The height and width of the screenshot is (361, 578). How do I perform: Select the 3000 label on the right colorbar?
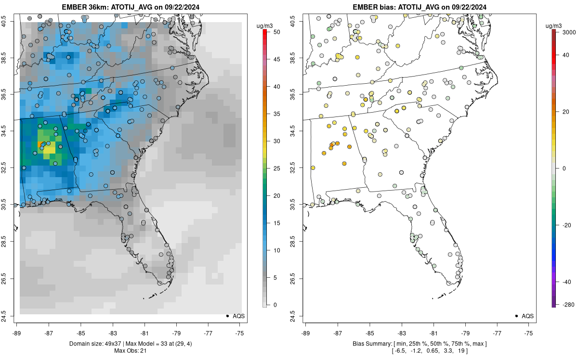tap(565, 32)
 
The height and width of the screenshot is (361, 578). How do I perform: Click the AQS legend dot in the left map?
tap(227, 316)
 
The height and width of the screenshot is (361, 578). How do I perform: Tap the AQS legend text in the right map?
tap(527, 316)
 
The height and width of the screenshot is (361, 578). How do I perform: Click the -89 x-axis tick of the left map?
tap(17, 332)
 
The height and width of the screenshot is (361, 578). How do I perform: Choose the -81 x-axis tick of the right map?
tap(433, 332)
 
